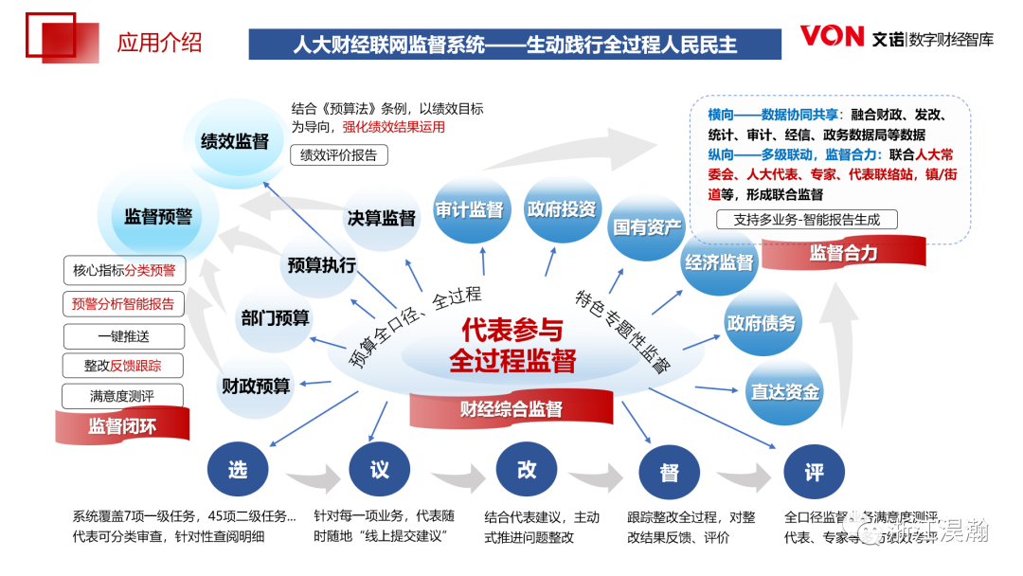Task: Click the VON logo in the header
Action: [x=832, y=36]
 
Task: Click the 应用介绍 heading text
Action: [x=159, y=43]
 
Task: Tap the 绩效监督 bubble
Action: [x=234, y=142]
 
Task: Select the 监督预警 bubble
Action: [x=158, y=217]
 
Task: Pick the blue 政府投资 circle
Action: [x=562, y=209]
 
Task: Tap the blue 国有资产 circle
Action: [x=647, y=227]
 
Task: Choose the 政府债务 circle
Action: [x=762, y=323]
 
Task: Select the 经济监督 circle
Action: [x=719, y=263]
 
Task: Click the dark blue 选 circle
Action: [x=237, y=469]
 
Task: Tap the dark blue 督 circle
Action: [x=669, y=472]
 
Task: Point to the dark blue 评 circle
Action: [x=814, y=472]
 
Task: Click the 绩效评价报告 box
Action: [x=338, y=155]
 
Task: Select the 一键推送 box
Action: [x=123, y=336]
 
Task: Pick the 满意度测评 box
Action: [x=122, y=396]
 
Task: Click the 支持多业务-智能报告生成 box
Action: [x=807, y=220]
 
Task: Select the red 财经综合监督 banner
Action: [x=511, y=409]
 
